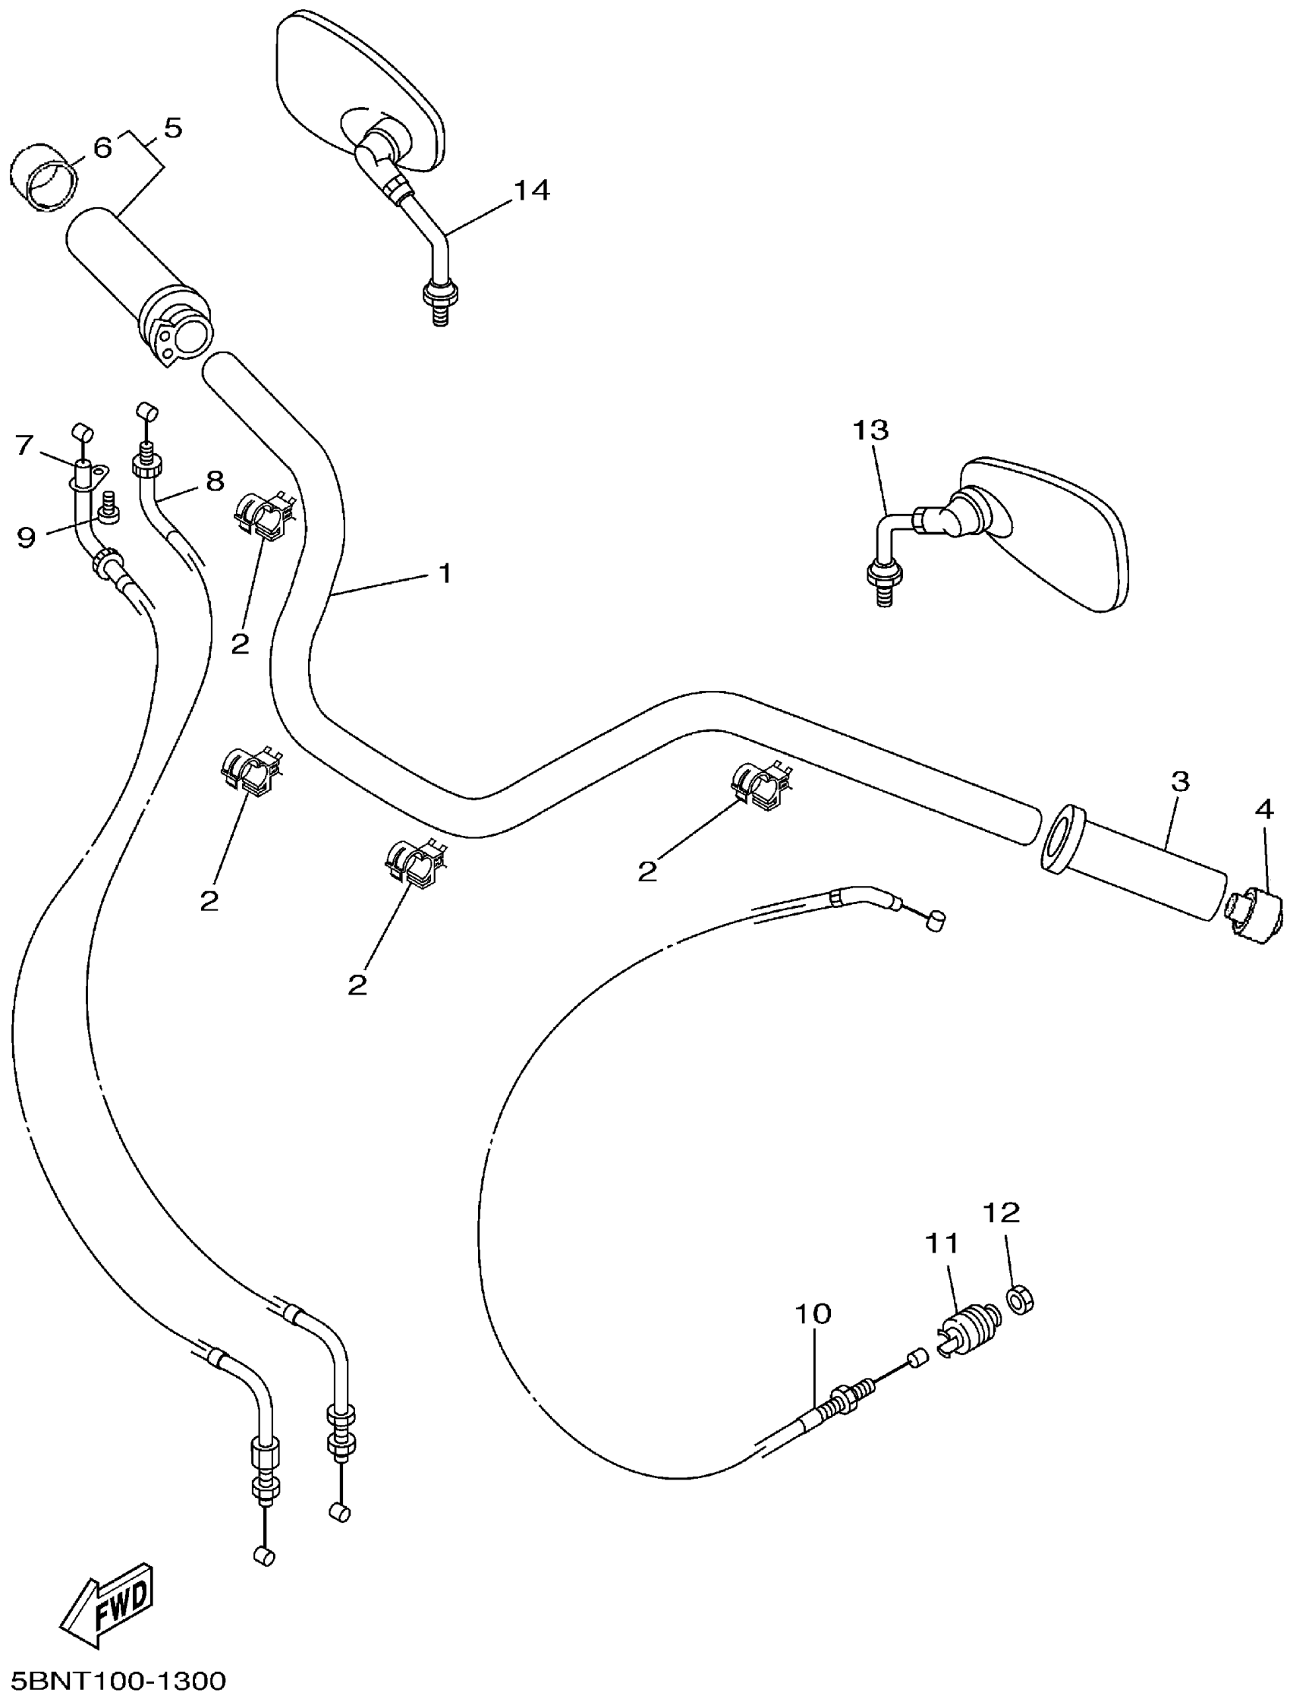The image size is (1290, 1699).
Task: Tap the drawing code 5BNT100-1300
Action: (114, 1681)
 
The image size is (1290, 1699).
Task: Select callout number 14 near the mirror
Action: (531, 190)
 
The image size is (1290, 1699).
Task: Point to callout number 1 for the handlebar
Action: (445, 573)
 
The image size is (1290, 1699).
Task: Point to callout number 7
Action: (24, 445)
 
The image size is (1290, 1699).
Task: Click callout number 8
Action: (215, 481)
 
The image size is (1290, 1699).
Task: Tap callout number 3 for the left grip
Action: (1180, 781)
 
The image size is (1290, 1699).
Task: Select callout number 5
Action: (174, 128)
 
